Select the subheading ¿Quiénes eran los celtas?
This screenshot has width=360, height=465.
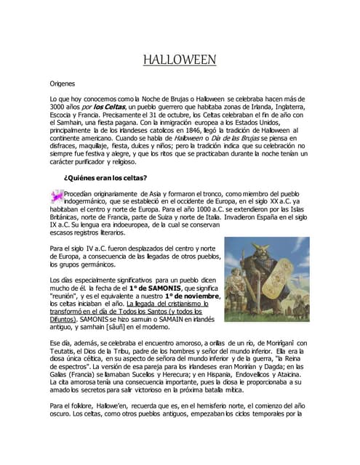[x=106, y=178]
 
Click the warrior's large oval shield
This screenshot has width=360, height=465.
[x=284, y=291]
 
